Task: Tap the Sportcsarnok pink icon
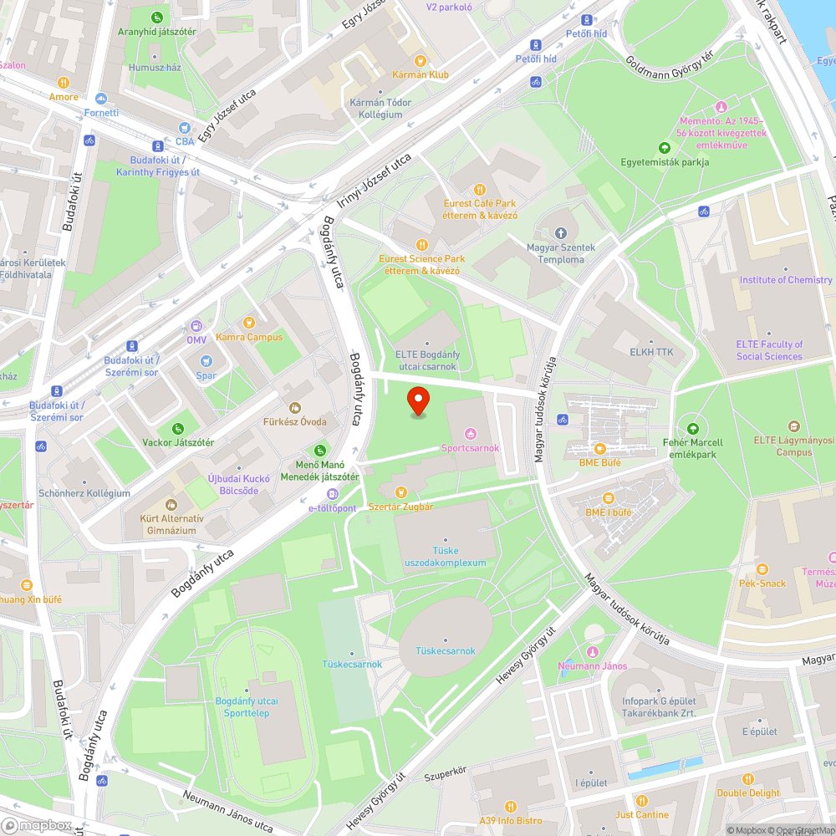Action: pos(470,433)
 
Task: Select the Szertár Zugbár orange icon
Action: pos(400,492)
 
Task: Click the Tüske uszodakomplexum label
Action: pos(445,557)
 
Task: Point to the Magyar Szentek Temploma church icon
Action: pos(560,232)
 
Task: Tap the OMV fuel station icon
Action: pos(196,326)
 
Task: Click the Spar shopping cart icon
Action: pos(206,361)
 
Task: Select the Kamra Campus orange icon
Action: pos(248,323)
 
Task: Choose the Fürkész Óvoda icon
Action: pos(294,407)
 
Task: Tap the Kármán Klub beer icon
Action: pos(421,60)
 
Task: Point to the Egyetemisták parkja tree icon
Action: pos(665,148)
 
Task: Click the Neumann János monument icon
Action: pos(593,652)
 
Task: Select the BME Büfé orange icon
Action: pos(599,449)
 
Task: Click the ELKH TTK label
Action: pos(651,352)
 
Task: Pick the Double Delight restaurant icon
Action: pos(747,778)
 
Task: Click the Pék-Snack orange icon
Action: pos(762,569)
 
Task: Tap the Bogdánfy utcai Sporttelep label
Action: pos(247,706)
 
